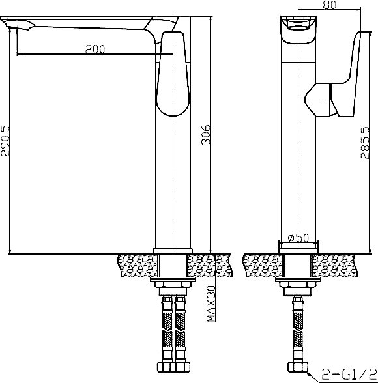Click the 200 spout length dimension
95,49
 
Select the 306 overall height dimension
206,135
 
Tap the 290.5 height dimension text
5,141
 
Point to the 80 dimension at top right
330,5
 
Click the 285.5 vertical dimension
366,143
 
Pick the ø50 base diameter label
298,238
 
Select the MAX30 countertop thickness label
212,304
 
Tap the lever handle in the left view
173,73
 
